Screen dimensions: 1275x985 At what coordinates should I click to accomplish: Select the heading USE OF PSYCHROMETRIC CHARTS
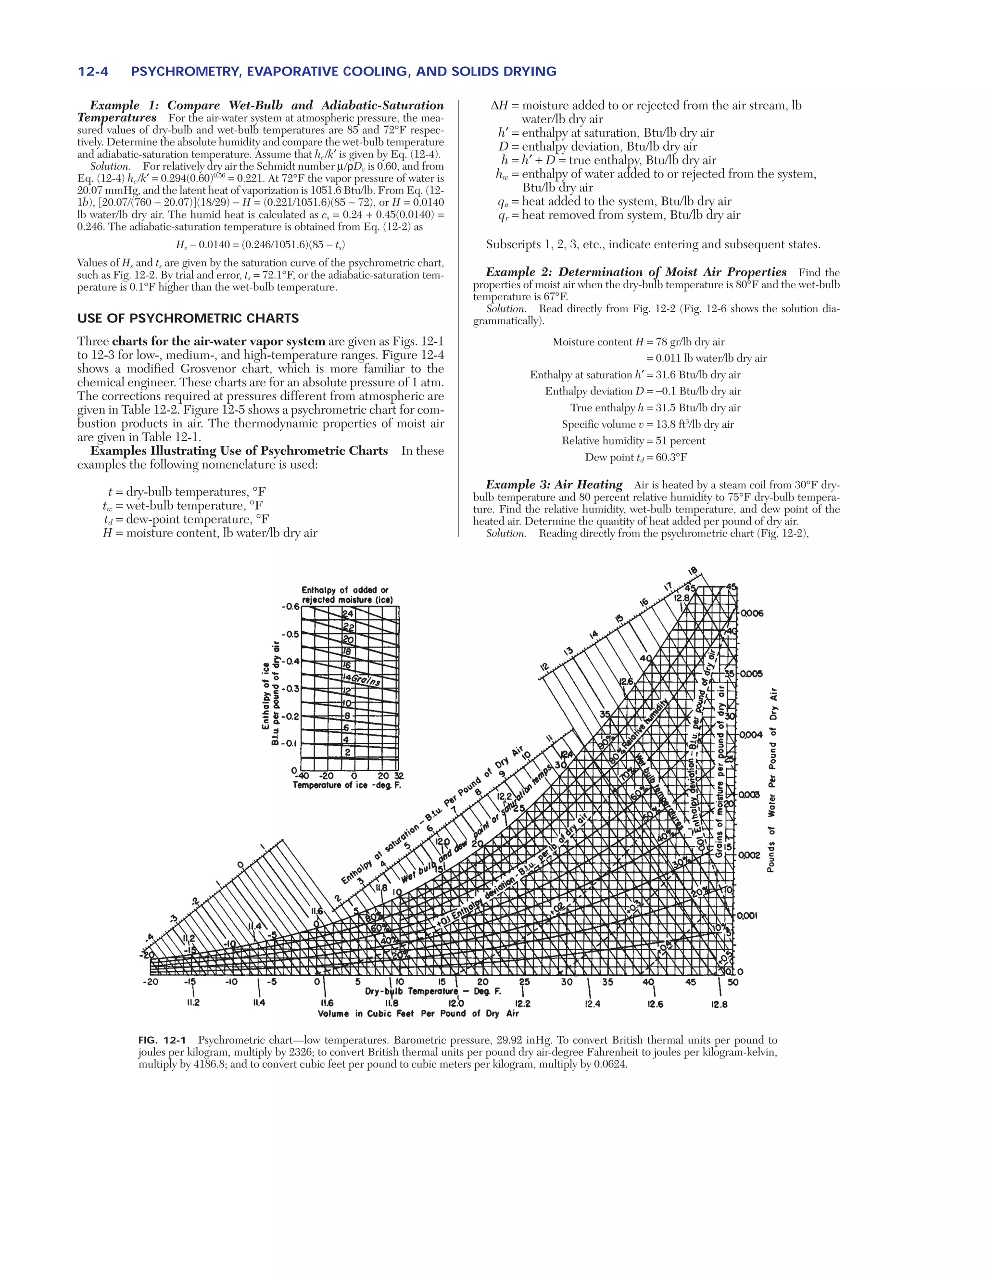(x=188, y=318)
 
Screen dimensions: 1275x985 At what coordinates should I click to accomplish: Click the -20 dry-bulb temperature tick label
(x=150, y=982)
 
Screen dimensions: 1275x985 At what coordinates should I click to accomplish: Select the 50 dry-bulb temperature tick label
(x=733, y=982)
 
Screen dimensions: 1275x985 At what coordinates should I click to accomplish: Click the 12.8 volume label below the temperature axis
(x=720, y=1005)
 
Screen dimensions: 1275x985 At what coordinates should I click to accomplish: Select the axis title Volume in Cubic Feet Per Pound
(x=418, y=1013)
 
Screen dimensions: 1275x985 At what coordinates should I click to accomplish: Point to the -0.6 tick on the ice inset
(x=290, y=607)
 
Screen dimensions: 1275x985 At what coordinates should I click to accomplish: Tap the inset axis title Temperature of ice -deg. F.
(x=347, y=785)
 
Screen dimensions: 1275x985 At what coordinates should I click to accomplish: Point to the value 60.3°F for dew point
(x=671, y=457)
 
